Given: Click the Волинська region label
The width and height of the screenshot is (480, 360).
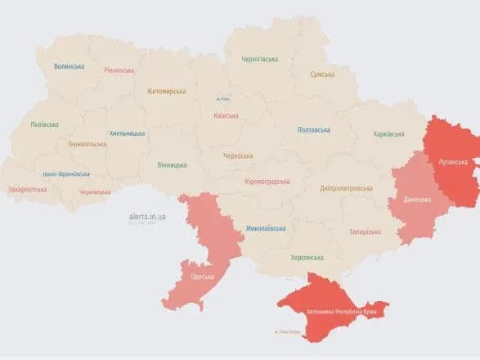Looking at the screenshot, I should tap(69, 66).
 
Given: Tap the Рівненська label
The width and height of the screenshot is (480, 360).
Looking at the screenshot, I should tap(119, 70).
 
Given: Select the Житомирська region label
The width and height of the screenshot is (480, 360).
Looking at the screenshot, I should tap(166, 92).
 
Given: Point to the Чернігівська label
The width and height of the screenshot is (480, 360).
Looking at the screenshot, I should tap(259, 59).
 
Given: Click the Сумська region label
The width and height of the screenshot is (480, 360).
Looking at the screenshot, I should tap(322, 74).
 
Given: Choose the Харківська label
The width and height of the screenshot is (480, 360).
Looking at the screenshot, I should tap(388, 133).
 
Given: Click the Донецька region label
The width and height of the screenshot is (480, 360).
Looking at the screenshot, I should tap(418, 199).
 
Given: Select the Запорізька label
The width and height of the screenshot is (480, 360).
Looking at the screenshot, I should tap(365, 232).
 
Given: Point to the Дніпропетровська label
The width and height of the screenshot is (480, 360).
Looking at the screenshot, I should tap(346, 187).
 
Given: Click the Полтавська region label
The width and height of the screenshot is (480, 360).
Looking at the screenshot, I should tap(313, 129).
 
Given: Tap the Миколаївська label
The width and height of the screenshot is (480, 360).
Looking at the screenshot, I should tap(266, 228).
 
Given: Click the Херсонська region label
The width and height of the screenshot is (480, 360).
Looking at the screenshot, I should tap(307, 257).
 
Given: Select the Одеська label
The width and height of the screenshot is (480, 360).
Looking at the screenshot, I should tap(202, 277).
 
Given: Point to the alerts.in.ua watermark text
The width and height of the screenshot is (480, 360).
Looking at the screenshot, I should tap(147, 216).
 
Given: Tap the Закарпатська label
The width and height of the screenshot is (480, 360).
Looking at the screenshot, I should tap(27, 189).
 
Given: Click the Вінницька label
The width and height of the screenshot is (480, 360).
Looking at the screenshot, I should tap(172, 164).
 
